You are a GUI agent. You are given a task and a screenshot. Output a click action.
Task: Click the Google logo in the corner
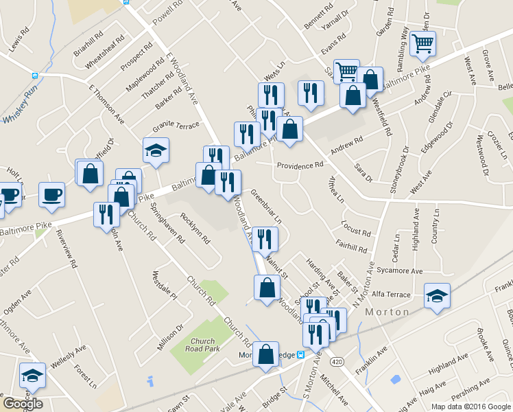click(x=23, y=404)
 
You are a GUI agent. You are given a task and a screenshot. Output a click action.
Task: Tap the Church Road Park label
click(x=204, y=345)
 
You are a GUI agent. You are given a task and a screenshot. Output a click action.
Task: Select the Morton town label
click(x=387, y=312)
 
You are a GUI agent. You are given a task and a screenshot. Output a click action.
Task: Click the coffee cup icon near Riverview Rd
click(x=52, y=195)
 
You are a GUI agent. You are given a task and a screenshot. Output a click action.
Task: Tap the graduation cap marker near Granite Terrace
click(x=156, y=150)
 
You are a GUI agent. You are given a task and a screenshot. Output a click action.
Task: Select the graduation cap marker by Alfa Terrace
click(x=437, y=296)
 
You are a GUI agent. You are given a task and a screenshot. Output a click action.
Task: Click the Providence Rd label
click(x=300, y=165)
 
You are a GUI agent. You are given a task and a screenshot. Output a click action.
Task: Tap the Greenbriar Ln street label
click(x=266, y=206)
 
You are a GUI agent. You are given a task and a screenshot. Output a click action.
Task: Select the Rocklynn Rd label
click(x=195, y=229)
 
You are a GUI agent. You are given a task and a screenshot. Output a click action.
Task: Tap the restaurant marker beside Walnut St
click(x=265, y=239)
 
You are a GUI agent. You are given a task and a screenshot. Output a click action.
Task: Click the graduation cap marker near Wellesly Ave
click(x=32, y=375)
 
